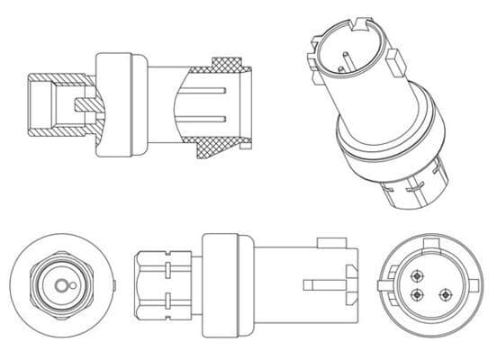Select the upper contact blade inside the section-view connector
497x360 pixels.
212,94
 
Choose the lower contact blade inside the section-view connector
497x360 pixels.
212,118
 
